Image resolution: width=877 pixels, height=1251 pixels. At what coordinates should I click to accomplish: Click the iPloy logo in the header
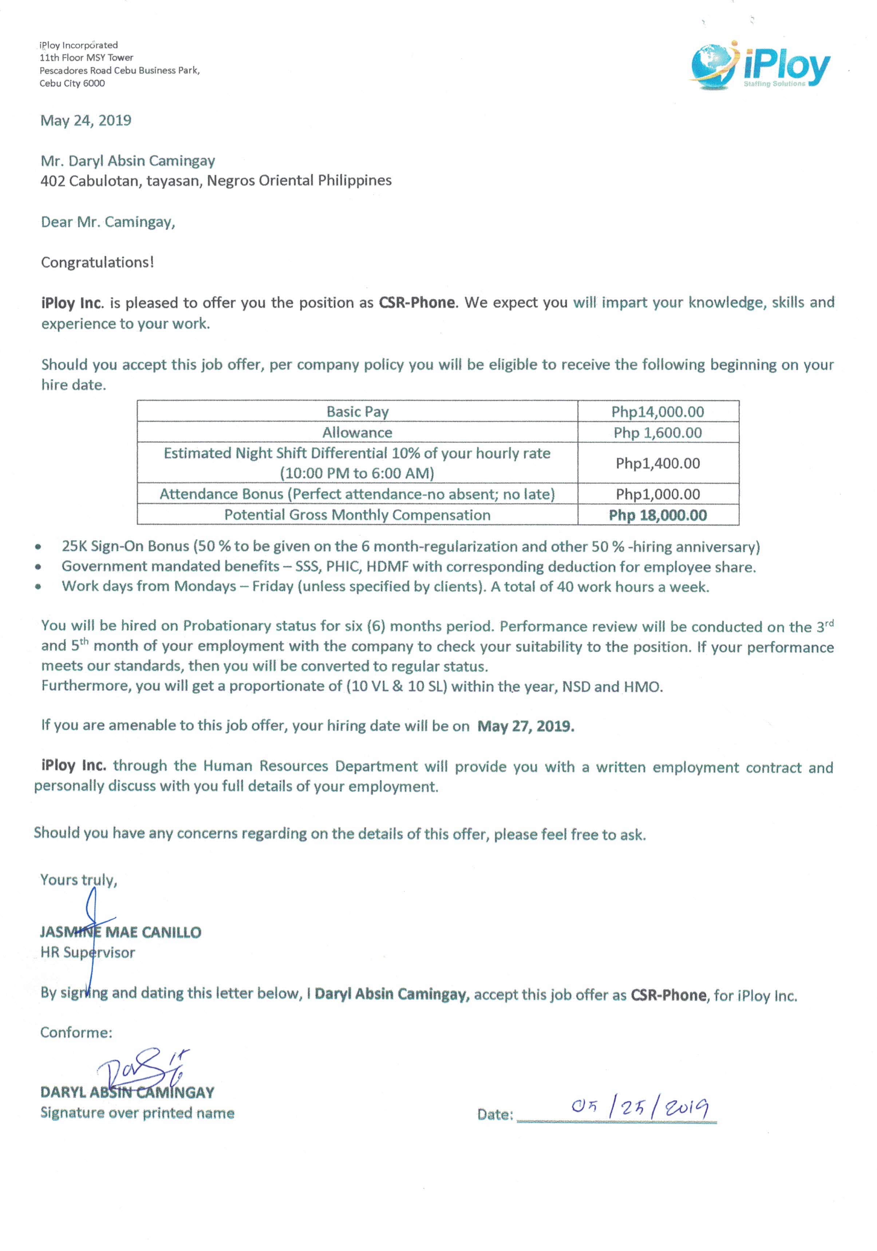point(761,66)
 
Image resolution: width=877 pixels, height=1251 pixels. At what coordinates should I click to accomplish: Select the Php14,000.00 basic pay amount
point(657,412)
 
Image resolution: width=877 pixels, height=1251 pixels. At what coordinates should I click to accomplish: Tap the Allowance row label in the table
point(357,433)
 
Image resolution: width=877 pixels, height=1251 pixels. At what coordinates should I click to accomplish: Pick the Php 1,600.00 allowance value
point(657,433)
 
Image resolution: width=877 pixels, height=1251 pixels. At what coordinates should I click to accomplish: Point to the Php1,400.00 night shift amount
point(657,464)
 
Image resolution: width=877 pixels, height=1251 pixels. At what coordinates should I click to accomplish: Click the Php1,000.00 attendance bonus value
point(657,495)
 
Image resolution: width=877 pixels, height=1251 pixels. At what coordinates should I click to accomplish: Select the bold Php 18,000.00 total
point(657,515)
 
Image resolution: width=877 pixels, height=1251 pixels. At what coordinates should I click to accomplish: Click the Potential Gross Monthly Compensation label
point(357,515)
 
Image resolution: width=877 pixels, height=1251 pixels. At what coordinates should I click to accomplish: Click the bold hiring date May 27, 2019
point(525,726)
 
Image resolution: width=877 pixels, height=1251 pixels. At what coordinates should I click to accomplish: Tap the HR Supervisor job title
point(87,953)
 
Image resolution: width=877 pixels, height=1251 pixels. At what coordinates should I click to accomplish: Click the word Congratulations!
point(98,263)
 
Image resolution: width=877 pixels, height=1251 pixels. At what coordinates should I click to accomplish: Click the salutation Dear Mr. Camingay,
point(108,222)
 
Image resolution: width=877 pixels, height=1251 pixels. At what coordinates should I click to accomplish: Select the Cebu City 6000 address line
point(72,83)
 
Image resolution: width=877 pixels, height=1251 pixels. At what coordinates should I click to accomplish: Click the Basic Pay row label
point(357,412)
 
